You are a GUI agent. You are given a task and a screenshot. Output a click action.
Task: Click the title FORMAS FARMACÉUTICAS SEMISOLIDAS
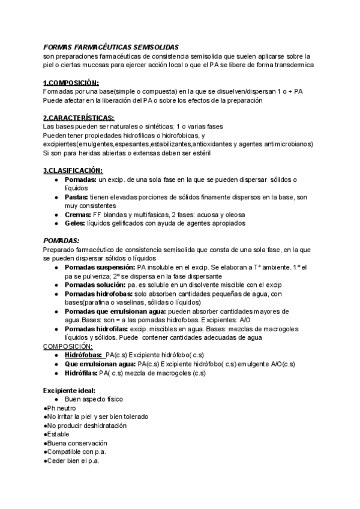coord(111,47)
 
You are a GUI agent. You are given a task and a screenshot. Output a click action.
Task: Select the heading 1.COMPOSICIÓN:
coord(71,83)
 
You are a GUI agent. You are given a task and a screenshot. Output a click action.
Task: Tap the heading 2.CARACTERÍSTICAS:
coord(79,118)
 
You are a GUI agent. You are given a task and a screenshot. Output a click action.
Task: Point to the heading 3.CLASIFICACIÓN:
coord(73,170)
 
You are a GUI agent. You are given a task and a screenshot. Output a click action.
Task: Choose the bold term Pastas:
coord(76,197)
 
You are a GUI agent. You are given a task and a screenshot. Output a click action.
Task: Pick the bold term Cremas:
coord(77,214)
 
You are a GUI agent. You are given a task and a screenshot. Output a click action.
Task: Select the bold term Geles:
coord(75,223)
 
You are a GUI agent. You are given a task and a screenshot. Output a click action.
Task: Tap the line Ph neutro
coord(61,408)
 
